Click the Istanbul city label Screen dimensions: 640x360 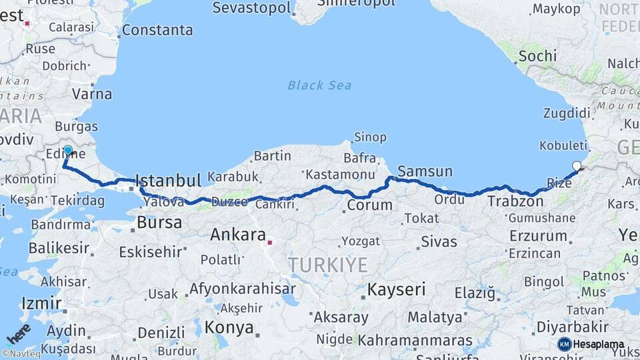click(x=167, y=181)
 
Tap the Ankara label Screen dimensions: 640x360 click(x=239, y=234)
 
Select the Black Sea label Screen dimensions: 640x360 click(x=319, y=85)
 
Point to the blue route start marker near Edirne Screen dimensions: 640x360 click(x=67, y=150)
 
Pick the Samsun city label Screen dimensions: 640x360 click(x=425, y=171)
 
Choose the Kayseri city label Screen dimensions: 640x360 click(x=396, y=289)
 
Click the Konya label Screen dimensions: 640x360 click(x=229, y=327)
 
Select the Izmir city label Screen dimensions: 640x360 click(x=41, y=303)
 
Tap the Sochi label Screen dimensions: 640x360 click(x=537, y=56)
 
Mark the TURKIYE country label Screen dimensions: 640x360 click(x=327, y=265)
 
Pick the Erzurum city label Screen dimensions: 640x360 click(x=538, y=236)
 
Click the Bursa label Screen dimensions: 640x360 click(x=159, y=223)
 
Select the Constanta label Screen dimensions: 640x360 click(x=157, y=30)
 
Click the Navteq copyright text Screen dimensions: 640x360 click(x=21, y=353)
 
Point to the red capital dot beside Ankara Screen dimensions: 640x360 click(x=269, y=243)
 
